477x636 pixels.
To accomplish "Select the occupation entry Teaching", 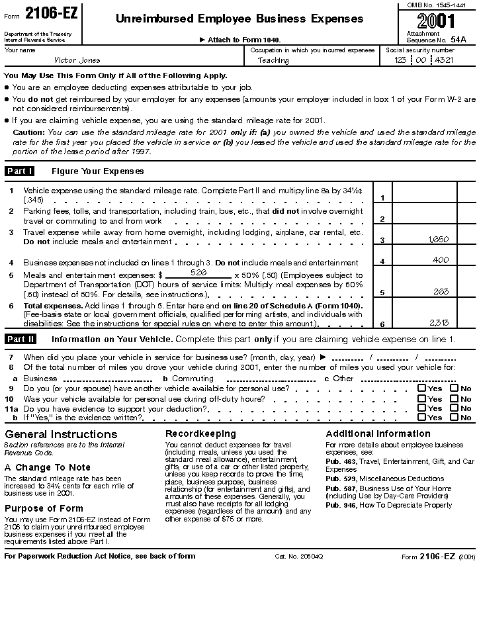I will [x=273, y=60].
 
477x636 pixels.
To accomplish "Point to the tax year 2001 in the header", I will [x=436, y=21].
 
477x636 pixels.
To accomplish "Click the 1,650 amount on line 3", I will [x=438, y=240].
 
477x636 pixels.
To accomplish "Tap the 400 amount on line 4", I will [x=440, y=261].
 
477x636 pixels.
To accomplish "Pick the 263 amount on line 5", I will [x=441, y=291].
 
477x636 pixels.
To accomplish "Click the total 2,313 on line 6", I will [x=438, y=323].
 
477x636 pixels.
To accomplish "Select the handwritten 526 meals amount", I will [x=198, y=272].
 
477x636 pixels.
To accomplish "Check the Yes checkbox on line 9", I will [x=421, y=388].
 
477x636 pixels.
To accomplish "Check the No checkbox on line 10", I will [x=454, y=398].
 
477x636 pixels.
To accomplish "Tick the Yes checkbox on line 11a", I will [x=421, y=408].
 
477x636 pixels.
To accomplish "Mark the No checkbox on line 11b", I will [x=454, y=418].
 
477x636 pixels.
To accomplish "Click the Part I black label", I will [x=20, y=171].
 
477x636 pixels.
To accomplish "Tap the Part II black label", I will [x=21, y=340].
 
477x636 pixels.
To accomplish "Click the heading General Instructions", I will [x=61, y=434].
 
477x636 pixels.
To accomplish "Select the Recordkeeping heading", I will [x=200, y=433].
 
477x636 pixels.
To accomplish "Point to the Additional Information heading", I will [x=378, y=433].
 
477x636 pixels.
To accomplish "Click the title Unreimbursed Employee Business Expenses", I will [x=239, y=19].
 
